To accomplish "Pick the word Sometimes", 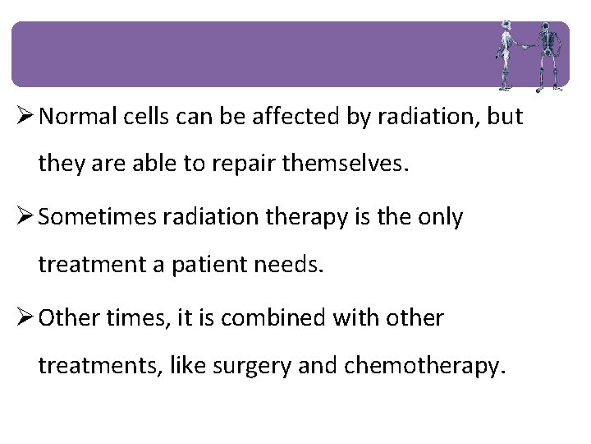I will (x=98, y=217).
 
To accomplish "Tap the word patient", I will (x=213, y=265).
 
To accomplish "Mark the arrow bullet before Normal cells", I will (x=23, y=117).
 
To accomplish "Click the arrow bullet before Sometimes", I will (x=23, y=217).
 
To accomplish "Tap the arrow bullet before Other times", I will (x=23, y=318).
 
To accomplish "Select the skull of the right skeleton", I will (x=544, y=26).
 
